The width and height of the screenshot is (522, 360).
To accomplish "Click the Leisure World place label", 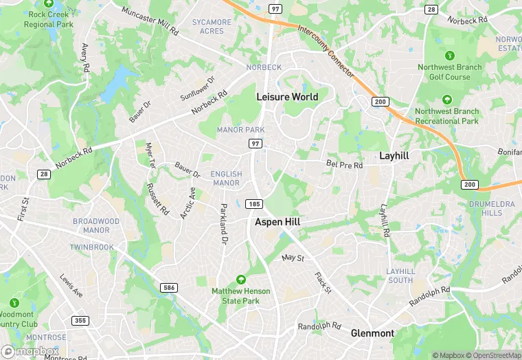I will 287,97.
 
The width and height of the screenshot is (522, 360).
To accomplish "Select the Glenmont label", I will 372,333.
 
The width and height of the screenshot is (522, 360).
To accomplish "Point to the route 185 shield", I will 255,204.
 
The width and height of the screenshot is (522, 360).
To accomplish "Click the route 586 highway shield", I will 169,287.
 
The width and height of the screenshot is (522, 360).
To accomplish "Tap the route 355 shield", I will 80,321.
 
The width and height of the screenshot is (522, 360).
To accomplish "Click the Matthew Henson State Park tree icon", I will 240,280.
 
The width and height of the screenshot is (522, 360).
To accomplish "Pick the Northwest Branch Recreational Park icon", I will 446,100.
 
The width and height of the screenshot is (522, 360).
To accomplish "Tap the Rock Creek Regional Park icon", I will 49,3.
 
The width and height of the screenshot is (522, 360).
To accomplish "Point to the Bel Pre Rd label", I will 343,165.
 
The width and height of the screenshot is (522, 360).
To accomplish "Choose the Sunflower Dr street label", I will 198,88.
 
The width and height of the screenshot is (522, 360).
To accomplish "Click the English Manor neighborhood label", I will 226,179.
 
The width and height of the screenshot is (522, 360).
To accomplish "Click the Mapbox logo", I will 30,351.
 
